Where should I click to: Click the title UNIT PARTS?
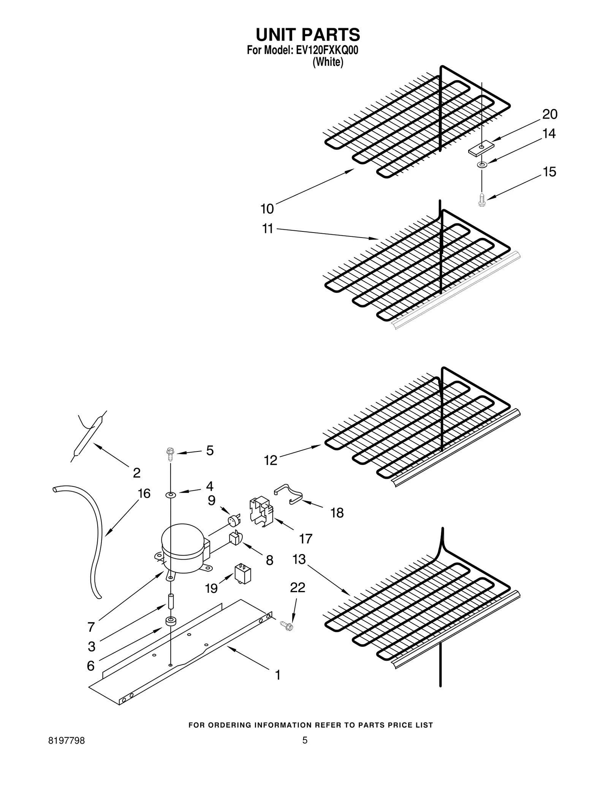point(307,35)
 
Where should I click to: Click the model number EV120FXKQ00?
point(326,51)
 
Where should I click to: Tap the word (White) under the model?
point(328,62)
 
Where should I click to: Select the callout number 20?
point(549,114)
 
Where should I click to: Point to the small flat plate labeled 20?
point(481,148)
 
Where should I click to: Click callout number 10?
point(267,209)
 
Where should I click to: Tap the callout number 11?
point(268,229)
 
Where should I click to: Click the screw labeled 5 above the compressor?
point(170,452)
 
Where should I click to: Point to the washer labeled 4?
point(170,495)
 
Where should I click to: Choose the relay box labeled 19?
point(242,574)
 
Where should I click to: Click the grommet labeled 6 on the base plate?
point(170,622)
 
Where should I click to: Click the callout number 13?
point(299,559)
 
